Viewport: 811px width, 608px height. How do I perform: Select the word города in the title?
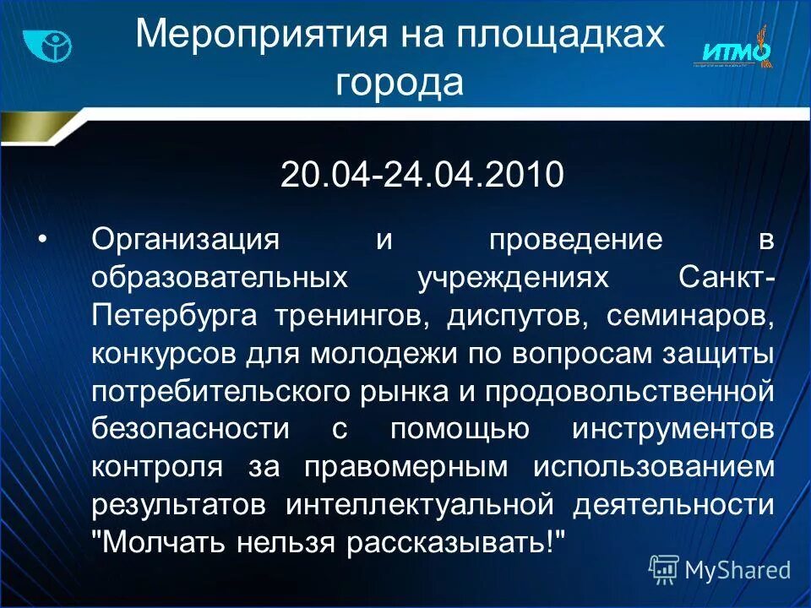tap(400, 84)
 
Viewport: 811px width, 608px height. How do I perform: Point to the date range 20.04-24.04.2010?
tap(422, 175)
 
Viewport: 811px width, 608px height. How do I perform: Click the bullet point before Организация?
tap(42, 239)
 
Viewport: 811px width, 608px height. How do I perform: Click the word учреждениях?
tap(513, 278)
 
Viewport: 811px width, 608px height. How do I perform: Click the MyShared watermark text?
tap(737, 570)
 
